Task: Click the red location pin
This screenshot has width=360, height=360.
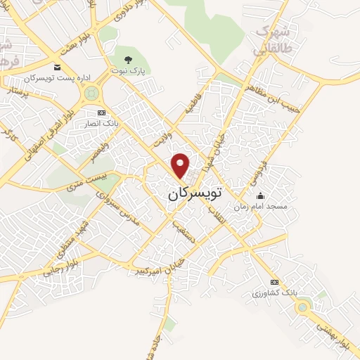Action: click(x=181, y=165)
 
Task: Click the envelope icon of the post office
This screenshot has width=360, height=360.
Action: click(x=57, y=67)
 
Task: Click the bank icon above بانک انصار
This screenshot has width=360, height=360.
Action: click(x=101, y=112)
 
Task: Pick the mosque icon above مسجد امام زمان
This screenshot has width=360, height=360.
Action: click(x=261, y=196)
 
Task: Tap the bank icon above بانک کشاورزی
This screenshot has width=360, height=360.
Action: click(x=274, y=282)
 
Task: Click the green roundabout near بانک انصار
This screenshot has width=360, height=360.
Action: click(x=91, y=93)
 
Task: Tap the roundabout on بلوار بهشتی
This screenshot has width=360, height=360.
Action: click(x=303, y=306)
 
